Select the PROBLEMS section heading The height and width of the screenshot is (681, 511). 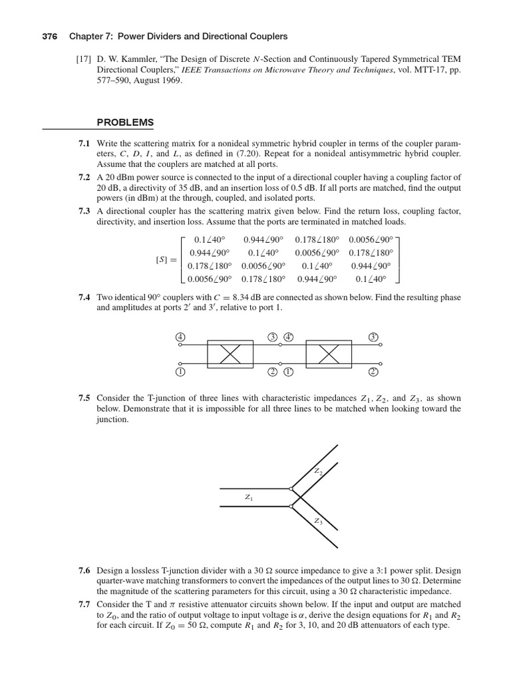(x=125, y=122)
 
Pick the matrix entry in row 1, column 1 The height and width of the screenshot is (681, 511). (x=207, y=239)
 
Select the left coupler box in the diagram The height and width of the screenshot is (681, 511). (x=230, y=354)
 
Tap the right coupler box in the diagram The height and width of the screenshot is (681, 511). (x=329, y=354)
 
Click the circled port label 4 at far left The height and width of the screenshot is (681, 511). (x=180, y=337)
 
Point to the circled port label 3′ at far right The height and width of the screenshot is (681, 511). (x=373, y=337)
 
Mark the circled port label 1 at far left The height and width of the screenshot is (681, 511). (x=180, y=372)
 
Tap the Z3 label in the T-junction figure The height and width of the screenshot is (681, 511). (x=319, y=521)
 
